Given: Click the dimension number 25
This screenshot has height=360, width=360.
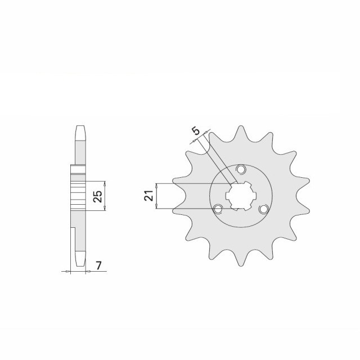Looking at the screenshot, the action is coord(98,196).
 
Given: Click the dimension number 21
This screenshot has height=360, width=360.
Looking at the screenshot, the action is coord(148,196).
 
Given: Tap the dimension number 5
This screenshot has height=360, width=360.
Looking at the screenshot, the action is coord(196,131).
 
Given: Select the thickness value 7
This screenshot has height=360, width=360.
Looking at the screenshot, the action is coord(98,265).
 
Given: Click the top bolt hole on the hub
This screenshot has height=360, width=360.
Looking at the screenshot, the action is coord(241,169).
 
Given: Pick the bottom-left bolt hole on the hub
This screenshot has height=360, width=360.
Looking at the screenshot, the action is coord(218,209).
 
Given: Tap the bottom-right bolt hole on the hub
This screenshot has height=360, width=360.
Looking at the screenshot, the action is coord(264,209).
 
